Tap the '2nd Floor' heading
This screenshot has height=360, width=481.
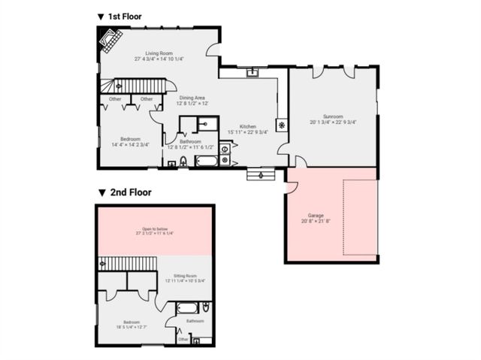tap(129, 192)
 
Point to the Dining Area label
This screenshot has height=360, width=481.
tap(192, 100)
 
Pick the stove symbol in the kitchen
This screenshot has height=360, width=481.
tap(282, 125)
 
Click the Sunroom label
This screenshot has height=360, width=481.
tap(332, 119)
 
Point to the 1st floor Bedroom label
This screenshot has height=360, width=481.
tap(130, 141)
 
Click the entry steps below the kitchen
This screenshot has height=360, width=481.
tap(260, 174)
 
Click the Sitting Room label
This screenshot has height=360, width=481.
tap(185, 278)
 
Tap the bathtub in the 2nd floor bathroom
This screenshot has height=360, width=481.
tap(189, 307)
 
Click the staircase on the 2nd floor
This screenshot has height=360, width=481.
tap(126, 263)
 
